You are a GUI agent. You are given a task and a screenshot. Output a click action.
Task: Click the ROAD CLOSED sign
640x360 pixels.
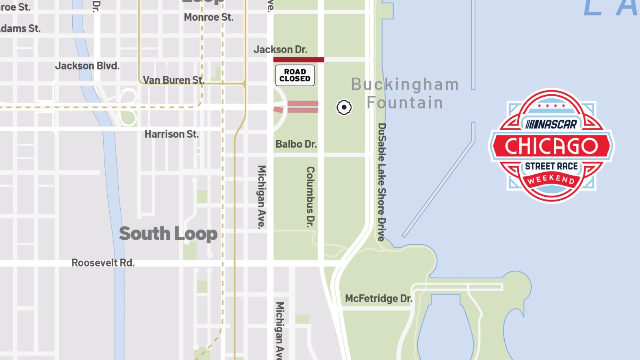point(295,75)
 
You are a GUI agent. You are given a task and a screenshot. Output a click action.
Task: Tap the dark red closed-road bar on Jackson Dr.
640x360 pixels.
point(299,60)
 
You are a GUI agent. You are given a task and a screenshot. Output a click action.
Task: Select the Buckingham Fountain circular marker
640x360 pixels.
point(344,107)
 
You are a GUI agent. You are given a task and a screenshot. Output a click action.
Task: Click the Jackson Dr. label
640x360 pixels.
point(280,50)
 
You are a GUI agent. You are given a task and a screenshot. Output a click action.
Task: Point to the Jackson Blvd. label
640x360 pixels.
point(87,66)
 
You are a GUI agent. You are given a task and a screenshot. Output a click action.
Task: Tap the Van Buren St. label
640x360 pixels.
point(174,80)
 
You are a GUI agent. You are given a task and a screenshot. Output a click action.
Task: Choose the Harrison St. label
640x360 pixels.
point(171,134)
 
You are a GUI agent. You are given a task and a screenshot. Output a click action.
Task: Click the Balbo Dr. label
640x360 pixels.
point(296,144)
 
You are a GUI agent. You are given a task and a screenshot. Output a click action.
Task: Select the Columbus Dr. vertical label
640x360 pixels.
point(310,196)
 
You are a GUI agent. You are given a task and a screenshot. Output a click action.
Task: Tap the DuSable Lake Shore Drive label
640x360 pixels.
point(381,182)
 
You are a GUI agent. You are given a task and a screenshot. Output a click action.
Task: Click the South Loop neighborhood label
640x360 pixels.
point(168,234)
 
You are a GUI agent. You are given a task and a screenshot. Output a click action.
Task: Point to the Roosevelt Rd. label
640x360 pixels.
point(103,263)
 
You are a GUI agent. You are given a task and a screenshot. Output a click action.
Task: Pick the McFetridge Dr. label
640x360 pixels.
point(379,299)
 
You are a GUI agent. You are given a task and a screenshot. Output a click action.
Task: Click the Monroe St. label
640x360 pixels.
point(208,17)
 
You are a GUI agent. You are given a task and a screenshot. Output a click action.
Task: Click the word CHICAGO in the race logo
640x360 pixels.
point(551,146)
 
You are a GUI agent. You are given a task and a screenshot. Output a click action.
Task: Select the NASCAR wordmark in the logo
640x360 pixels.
point(551,124)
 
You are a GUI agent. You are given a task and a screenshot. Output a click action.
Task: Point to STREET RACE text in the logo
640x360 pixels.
point(551,166)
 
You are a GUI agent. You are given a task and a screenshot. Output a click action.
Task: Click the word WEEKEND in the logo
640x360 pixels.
point(551,179)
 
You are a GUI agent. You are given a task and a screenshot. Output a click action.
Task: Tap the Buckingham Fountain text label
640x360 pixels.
point(405,93)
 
